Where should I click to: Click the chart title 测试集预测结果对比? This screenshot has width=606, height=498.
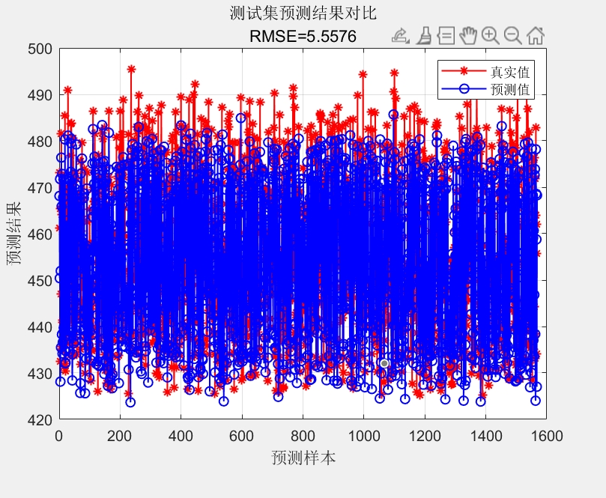[303, 13]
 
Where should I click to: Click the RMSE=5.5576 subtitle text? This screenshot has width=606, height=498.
[303, 36]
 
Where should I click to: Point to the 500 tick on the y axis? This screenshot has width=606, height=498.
[40, 49]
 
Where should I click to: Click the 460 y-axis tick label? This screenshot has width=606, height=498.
[40, 234]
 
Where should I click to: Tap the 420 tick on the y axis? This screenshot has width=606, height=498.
[40, 419]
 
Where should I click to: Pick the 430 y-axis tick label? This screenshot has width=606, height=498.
[40, 373]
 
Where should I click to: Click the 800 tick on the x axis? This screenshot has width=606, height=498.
[303, 434]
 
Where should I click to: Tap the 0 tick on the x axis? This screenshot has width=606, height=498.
[59, 434]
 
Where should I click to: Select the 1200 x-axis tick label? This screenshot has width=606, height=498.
[424, 434]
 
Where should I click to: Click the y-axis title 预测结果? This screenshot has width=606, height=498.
[13, 234]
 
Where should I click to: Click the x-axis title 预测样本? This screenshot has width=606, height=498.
[303, 457]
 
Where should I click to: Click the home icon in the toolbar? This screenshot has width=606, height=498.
[535, 35]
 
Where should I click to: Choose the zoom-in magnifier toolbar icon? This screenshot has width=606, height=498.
[490, 35]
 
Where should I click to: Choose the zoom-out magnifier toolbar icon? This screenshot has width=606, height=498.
[512, 35]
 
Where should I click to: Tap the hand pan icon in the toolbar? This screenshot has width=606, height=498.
[468, 35]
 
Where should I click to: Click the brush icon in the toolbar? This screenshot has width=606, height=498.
[424, 35]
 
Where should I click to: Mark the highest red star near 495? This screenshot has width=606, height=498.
[131, 69]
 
